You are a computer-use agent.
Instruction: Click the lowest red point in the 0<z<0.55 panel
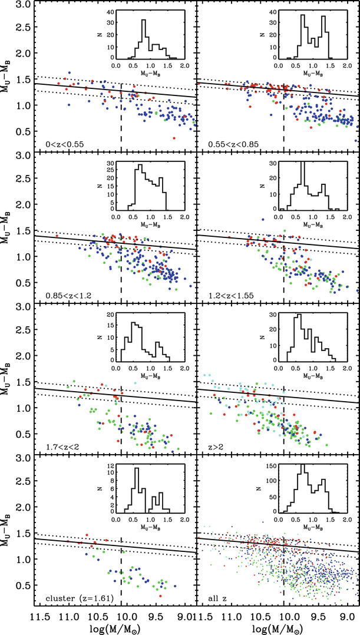pos(174,138)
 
